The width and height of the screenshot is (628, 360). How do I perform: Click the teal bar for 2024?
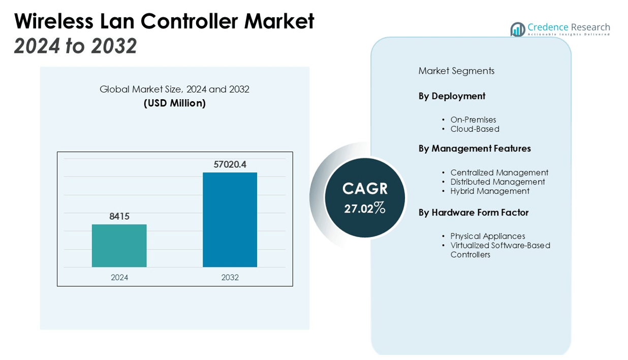tap(119, 246)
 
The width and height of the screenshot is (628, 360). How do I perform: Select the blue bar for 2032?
tap(230, 220)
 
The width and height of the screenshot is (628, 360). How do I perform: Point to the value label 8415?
tap(119, 216)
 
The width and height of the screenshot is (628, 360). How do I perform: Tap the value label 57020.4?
tap(230, 164)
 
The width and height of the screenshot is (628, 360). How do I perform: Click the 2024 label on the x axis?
tap(119, 278)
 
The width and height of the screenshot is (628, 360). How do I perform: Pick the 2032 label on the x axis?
tap(230, 278)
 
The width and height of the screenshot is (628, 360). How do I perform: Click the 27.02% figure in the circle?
tap(364, 208)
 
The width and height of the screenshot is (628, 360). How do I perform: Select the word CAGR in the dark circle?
tap(365, 189)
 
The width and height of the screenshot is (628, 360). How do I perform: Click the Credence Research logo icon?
tap(517, 29)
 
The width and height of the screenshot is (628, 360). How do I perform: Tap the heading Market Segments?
tap(456, 71)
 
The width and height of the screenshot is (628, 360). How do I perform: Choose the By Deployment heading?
tap(452, 96)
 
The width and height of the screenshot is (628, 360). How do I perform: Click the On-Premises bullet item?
tap(473, 120)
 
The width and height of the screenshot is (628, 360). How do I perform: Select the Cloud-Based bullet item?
tap(475, 129)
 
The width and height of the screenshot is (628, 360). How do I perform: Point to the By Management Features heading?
tap(475, 148)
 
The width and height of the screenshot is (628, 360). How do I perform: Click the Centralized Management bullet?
tap(499, 173)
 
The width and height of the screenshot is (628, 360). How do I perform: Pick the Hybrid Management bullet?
tap(489, 191)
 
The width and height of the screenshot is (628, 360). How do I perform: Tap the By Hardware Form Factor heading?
tap(474, 213)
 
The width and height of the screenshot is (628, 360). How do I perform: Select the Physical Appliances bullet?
tap(487, 236)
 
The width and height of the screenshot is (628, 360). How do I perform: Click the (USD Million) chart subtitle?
tap(174, 103)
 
